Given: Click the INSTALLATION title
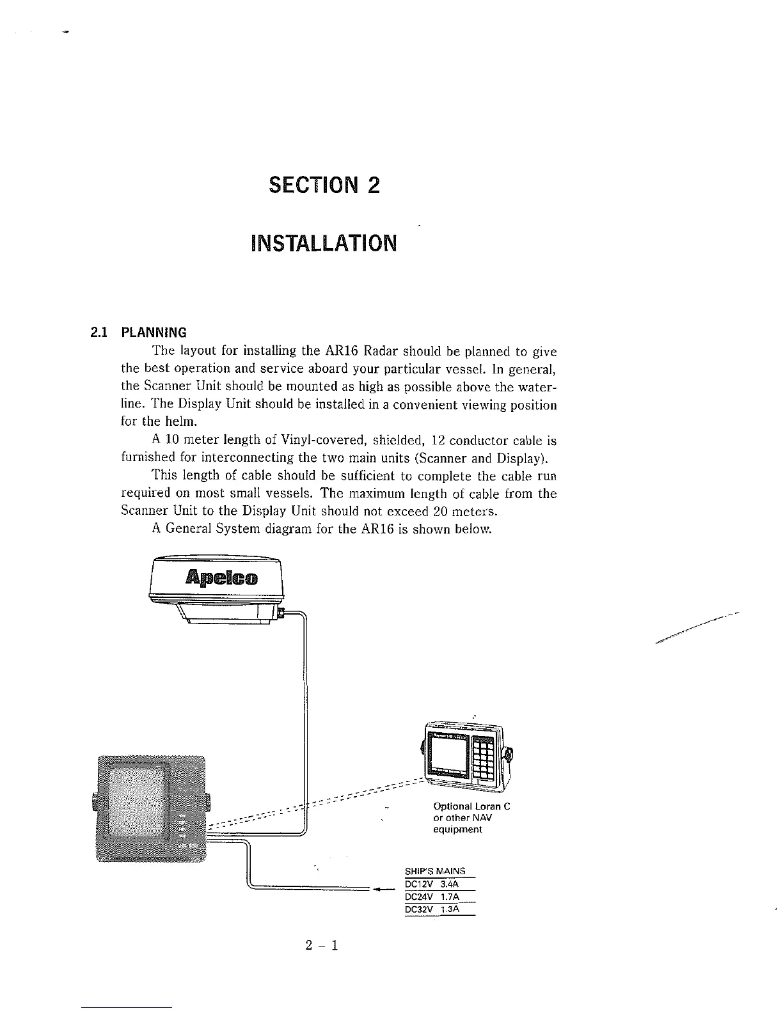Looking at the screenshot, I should coord(324,243).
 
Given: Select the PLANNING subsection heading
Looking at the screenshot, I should coord(154,333).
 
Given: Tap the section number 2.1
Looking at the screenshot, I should coord(99,333).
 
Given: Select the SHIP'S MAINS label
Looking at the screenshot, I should coord(436,871).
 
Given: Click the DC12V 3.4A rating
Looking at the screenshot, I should coord(435,884).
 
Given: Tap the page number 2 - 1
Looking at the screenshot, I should coord(321,945).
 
